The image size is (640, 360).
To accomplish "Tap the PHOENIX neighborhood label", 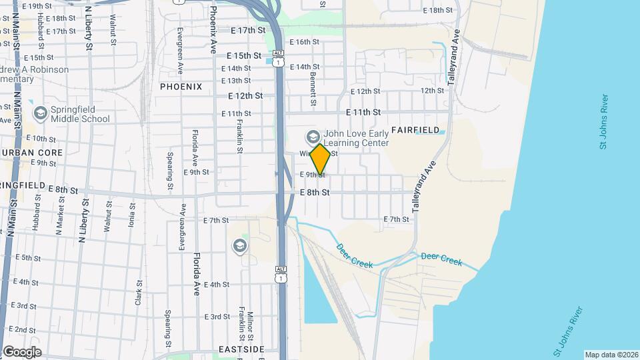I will coord(181,87).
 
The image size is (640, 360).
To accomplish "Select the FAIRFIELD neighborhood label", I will coord(415,129).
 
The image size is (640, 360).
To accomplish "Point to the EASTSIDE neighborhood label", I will coord(241,349).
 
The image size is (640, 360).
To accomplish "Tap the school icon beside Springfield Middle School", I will coord(41,114).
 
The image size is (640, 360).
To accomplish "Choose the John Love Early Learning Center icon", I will coord(312,137).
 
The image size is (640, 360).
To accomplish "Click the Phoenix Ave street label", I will coord(213,30).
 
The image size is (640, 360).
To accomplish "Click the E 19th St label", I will coord(38,6).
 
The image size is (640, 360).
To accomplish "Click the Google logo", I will coord(22,352).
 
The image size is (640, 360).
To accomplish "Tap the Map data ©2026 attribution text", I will coord(611,355).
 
